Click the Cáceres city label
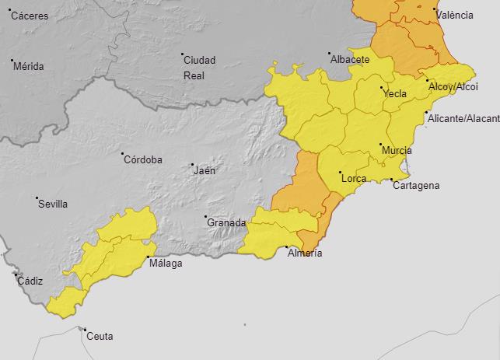pos(30,16)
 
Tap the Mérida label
pos(30,66)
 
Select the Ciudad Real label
pos(198,68)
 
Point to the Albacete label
pos(350,59)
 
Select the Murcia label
pos(397,150)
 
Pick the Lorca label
pos(355,179)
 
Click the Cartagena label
pos(416,185)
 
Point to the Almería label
pos(305,253)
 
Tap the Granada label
pos(226,222)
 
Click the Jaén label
pos(205,170)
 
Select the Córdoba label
pos(144,159)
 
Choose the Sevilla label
pos(53,204)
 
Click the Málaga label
pos(166,264)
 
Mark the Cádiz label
pos(30,281)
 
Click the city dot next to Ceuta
pos(84,330)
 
